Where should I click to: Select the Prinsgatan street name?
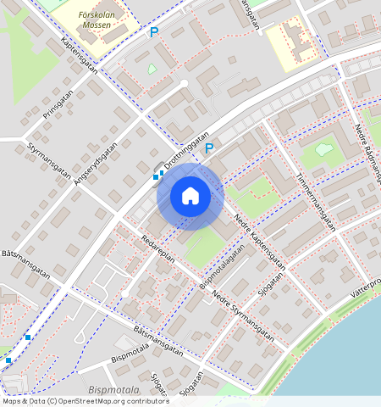pyautogui.click(x=58, y=109)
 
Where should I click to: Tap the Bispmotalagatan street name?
pyautogui.click(x=217, y=266)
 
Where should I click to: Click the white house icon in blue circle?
pyautogui.click(x=190, y=197)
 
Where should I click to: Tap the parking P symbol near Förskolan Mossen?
pyautogui.click(x=154, y=32)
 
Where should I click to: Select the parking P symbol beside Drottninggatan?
pyautogui.click(x=209, y=148)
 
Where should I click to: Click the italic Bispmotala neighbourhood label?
pyautogui.click(x=114, y=387)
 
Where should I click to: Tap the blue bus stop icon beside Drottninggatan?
pyautogui.click(x=157, y=175)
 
